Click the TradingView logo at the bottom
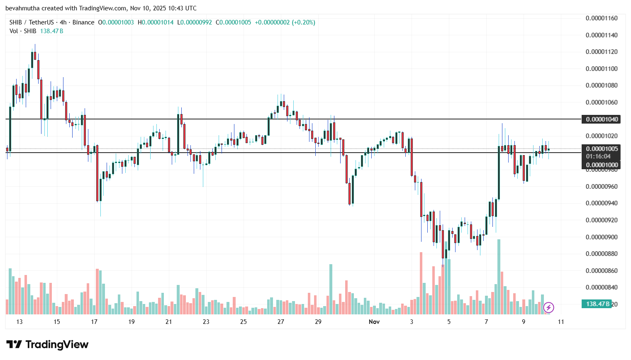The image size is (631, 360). pyautogui.click(x=47, y=345)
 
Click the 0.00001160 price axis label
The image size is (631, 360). pyautogui.click(x=602, y=18)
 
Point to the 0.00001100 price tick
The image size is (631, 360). pyautogui.click(x=602, y=69)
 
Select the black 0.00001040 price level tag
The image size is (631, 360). pyautogui.click(x=602, y=119)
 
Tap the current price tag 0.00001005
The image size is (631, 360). pyautogui.click(x=602, y=149)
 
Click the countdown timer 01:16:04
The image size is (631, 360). pyautogui.click(x=598, y=156)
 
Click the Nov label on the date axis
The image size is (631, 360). pyautogui.click(x=374, y=322)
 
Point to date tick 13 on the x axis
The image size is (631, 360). pyautogui.click(x=19, y=322)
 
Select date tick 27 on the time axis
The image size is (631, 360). pyautogui.click(x=281, y=322)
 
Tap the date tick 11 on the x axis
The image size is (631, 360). pyautogui.click(x=561, y=322)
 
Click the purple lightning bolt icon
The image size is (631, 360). pyautogui.click(x=548, y=307)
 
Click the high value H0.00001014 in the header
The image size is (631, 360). pyautogui.click(x=156, y=22)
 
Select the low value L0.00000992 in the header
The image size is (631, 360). pyautogui.click(x=195, y=22)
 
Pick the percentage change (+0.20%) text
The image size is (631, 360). pyautogui.click(x=303, y=22)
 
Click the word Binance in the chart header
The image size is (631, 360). pyautogui.click(x=83, y=22)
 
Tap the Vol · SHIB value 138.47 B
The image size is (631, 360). pyautogui.click(x=51, y=31)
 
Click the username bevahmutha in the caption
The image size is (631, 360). pyautogui.click(x=22, y=8)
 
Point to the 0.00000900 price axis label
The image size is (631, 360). pyautogui.click(x=602, y=237)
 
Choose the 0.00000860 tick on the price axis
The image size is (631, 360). pyautogui.click(x=602, y=271)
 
